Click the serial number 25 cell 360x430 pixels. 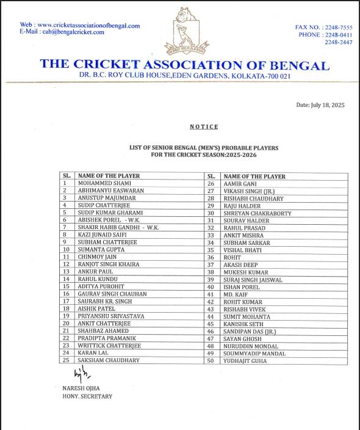tap(66, 360)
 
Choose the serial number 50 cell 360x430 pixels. tap(211, 361)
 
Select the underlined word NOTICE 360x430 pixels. tap(204, 126)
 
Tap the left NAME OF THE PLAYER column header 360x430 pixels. tap(109, 175)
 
